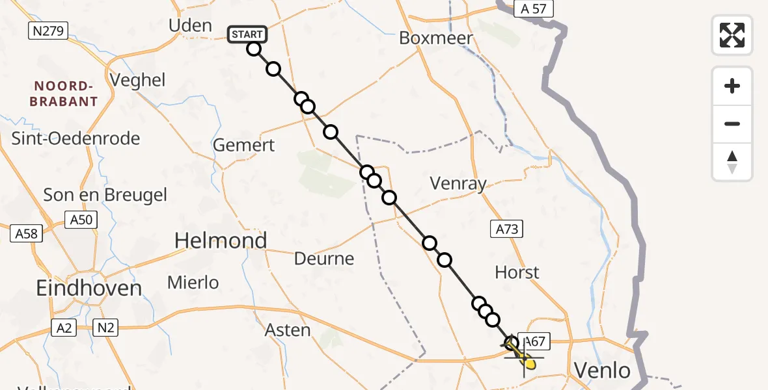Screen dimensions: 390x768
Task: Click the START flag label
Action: tap(247, 34)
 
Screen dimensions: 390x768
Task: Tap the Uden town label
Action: tap(190, 26)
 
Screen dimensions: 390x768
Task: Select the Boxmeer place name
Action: tap(435, 38)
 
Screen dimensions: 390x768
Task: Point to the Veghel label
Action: tap(138, 81)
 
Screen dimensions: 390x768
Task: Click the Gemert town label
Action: tap(244, 145)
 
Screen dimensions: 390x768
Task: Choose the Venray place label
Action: tap(458, 184)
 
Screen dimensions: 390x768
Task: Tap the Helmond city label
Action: tap(221, 241)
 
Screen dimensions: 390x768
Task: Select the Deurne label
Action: tap(324, 259)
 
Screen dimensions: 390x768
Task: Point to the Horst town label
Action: tap(517, 272)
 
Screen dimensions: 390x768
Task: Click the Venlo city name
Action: tap(602, 371)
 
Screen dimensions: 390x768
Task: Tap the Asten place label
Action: tap(288, 330)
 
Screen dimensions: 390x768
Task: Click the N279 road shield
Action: tap(48, 31)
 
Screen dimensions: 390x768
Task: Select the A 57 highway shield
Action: tap(533, 9)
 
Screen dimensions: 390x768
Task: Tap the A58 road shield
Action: tap(26, 233)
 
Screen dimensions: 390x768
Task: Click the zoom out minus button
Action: tap(732, 123)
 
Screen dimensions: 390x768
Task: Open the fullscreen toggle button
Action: tap(732, 35)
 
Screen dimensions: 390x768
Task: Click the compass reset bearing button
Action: tap(732, 161)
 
